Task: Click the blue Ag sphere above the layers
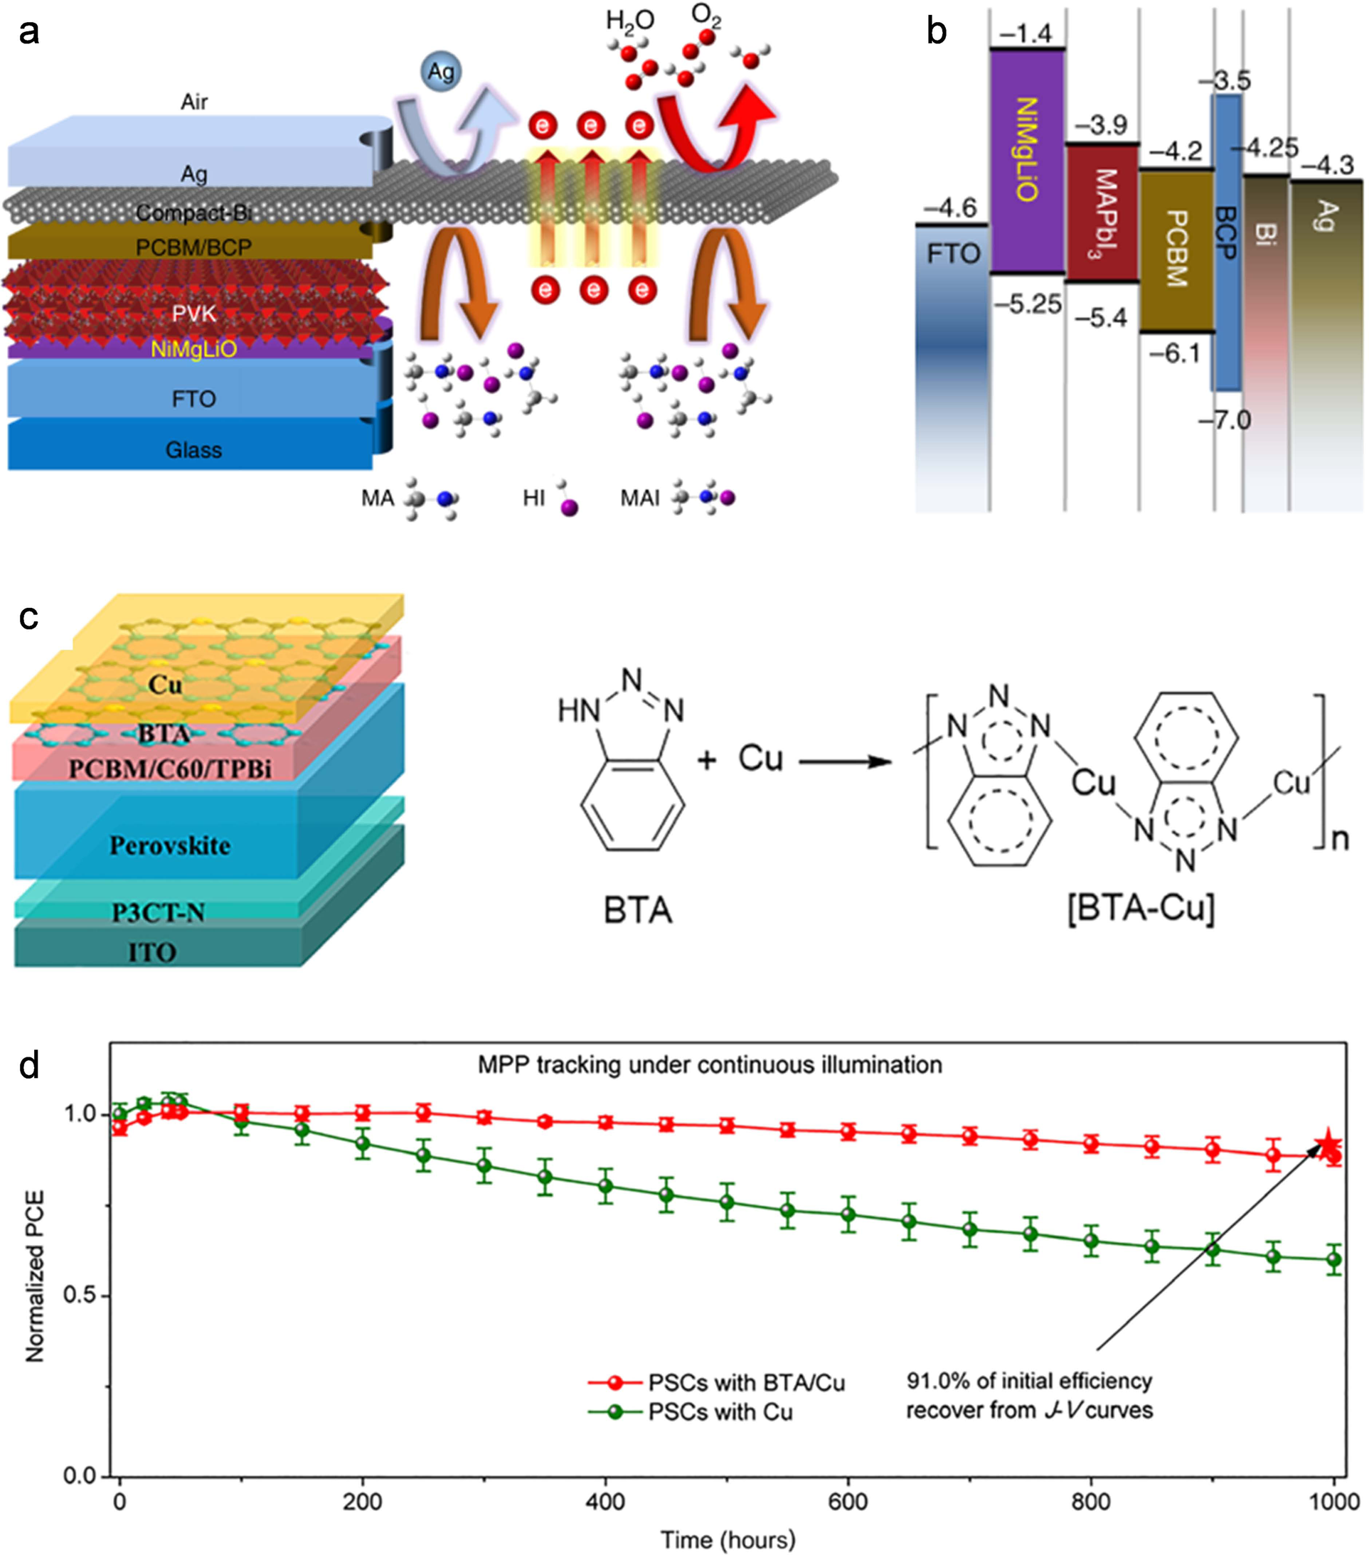(441, 73)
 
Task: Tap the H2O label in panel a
(629, 21)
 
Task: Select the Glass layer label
(193, 449)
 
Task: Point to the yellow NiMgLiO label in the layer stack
(193, 349)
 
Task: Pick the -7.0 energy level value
(1225, 420)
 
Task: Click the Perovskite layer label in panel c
(170, 845)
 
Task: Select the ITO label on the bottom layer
(152, 953)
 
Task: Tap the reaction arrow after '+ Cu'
(845, 761)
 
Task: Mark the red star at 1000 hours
(1328, 1143)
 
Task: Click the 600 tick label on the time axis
(848, 1501)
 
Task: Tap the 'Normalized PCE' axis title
(35, 1276)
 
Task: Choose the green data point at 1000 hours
(1333, 1259)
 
